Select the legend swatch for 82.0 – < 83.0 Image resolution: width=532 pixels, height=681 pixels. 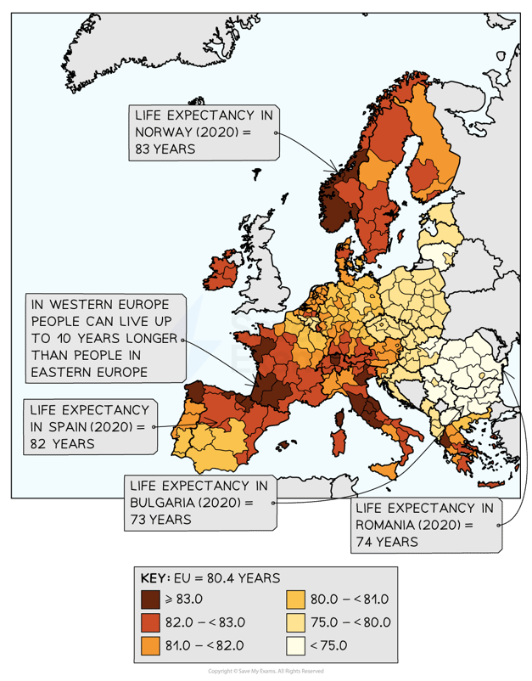point(153,622)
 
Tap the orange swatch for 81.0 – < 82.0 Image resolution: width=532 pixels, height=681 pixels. point(153,644)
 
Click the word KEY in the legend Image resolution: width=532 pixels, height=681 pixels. point(154,578)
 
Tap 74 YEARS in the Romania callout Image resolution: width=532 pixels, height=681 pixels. point(385,541)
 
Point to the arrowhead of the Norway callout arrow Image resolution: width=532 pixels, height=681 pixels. point(336,171)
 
